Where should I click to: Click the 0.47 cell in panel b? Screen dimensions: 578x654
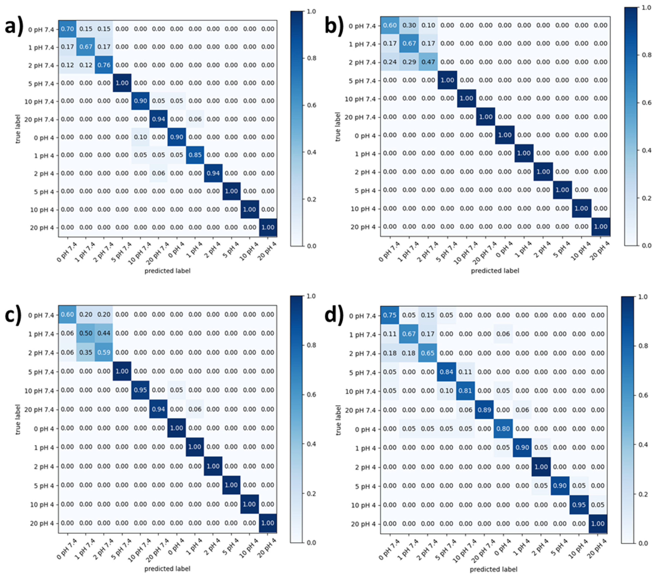pyautogui.click(x=428, y=62)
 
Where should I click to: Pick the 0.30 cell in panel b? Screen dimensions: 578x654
pyautogui.click(x=409, y=25)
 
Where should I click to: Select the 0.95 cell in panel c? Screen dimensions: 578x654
pyautogui.click(x=140, y=390)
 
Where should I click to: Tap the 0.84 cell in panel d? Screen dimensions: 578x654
pyautogui.click(x=446, y=372)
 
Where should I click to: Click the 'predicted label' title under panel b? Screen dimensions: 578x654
pyautogui.click(x=495, y=271)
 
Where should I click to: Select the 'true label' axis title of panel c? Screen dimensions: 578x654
pyautogui.click(x=18, y=419)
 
